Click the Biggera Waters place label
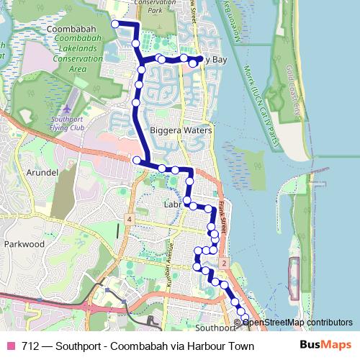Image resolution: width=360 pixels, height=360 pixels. coord(181,131)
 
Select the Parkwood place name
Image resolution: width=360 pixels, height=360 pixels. coord(24,244)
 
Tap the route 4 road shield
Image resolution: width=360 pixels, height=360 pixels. coord(128,219)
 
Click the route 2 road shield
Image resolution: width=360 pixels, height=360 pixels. coord(225,264)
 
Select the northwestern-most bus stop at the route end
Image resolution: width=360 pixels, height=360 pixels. coord(114,24)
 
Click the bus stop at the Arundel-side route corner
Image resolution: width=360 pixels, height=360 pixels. coord(136,159)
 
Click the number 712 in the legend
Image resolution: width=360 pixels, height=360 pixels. coord(30,346)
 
